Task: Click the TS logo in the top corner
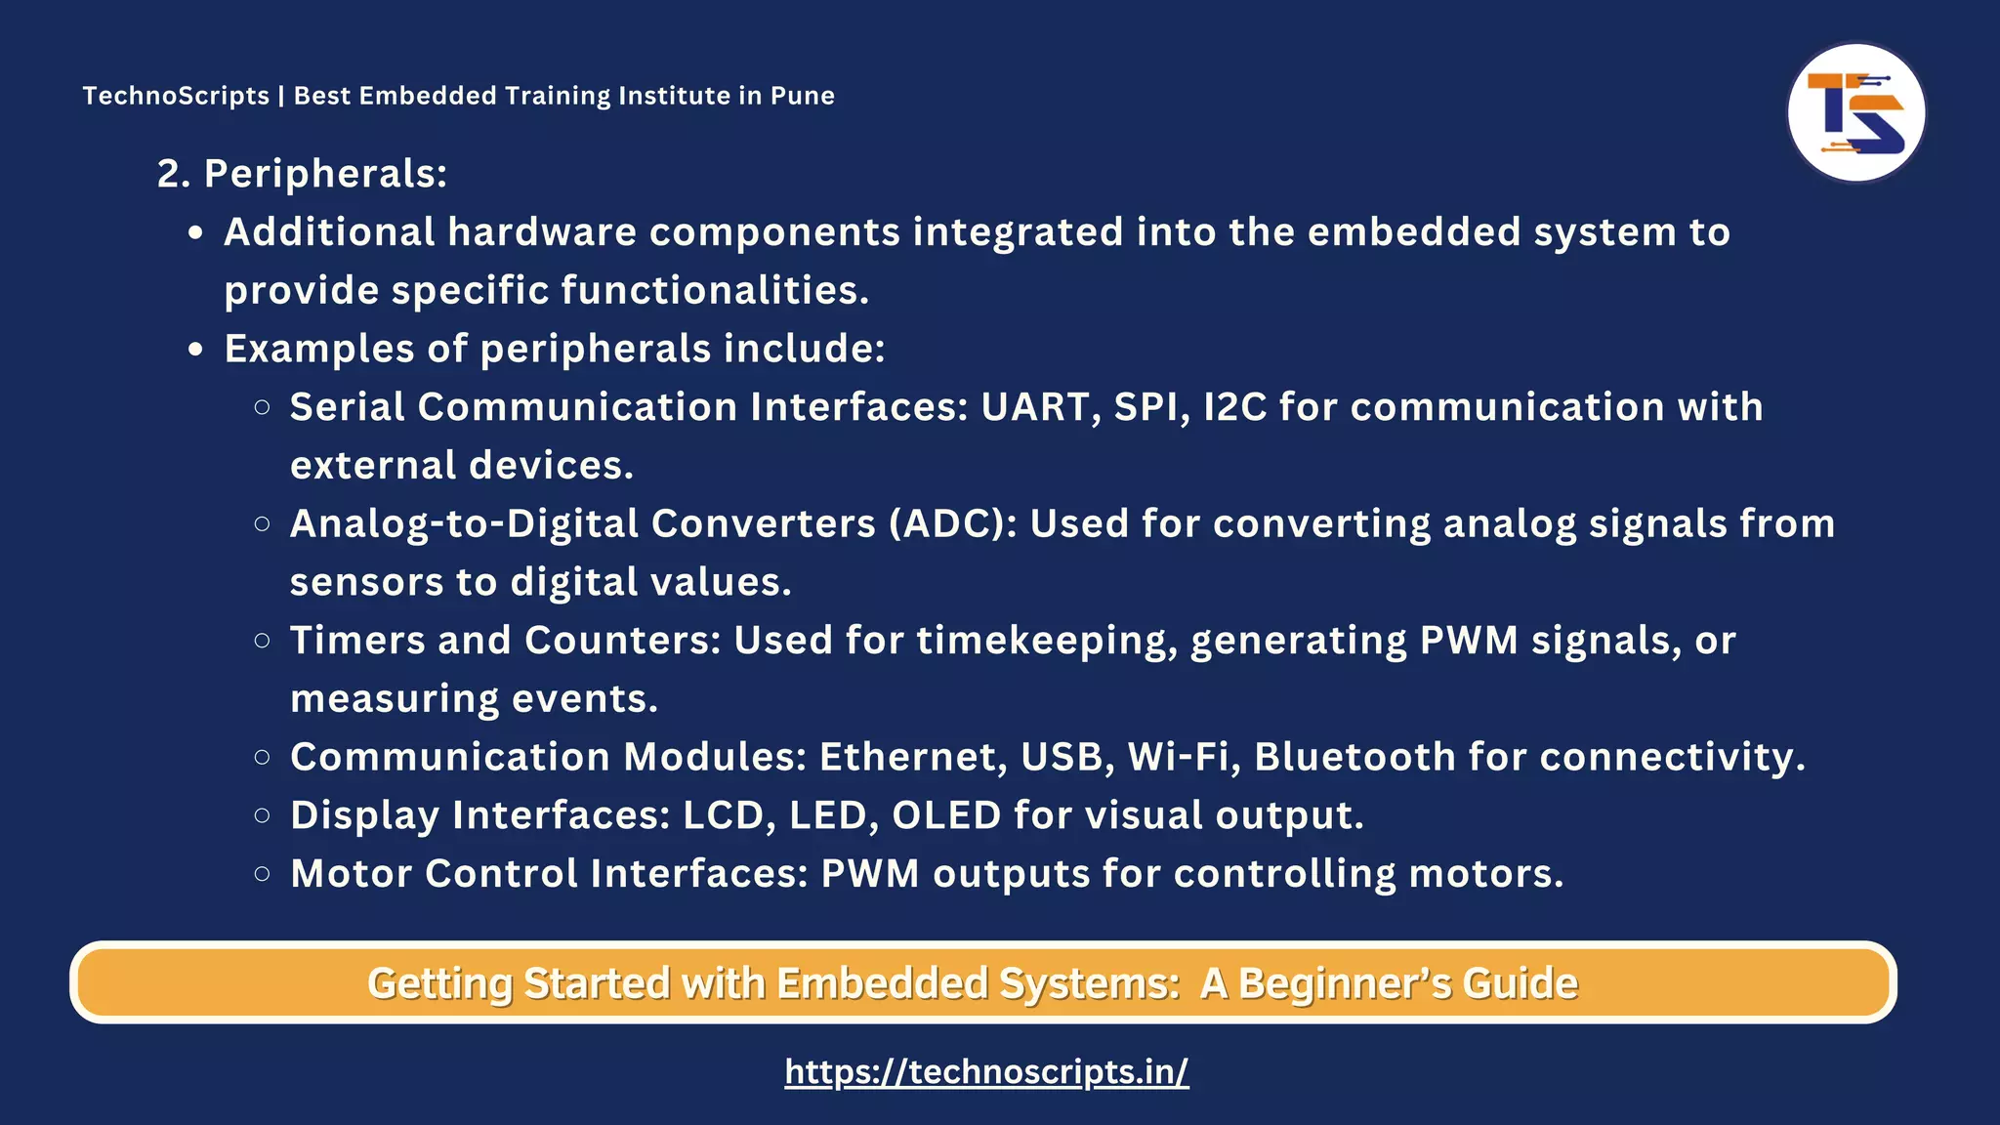(1855, 113)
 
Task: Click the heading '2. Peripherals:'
(302, 174)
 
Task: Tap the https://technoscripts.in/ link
(986, 1071)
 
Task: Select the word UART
(1035, 407)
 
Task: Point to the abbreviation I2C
(1234, 407)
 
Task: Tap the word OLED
(946, 815)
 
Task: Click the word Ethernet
(912, 757)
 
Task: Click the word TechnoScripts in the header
(176, 96)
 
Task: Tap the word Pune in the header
(803, 96)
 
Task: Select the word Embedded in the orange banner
(883, 983)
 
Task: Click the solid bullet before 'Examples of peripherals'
(196, 350)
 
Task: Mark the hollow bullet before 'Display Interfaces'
(262, 815)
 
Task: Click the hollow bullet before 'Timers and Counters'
(262, 641)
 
